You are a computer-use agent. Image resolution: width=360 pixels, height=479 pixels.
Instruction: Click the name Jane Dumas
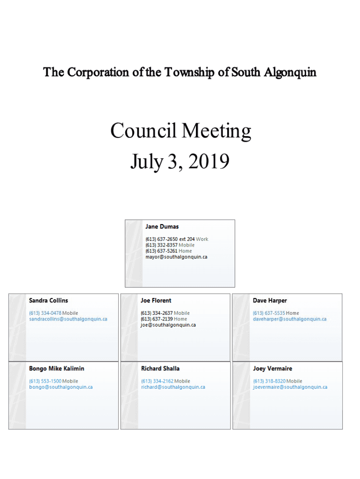pos(162,227)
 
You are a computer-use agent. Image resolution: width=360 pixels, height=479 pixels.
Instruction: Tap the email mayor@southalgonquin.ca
pos(176,257)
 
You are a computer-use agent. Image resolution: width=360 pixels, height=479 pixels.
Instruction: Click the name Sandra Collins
pos(48,300)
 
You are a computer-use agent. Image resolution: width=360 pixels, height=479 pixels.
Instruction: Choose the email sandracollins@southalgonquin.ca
pos(68,319)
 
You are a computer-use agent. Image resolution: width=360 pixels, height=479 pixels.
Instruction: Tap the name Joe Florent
pos(156,300)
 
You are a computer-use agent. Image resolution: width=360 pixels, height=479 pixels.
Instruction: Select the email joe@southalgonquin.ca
pos(168,325)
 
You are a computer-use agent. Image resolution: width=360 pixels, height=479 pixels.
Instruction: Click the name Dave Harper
pos(270,300)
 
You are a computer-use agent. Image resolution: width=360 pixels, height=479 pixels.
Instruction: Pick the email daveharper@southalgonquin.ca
pos(289,319)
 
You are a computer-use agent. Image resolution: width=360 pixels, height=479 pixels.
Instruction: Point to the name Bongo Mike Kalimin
pos(57,369)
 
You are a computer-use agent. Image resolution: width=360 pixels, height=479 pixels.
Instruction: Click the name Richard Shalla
pos(160,369)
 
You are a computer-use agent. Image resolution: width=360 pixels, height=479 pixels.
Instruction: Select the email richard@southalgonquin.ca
pos(173,387)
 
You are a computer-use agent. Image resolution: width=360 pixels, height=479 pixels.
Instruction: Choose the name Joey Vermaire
pos(273,369)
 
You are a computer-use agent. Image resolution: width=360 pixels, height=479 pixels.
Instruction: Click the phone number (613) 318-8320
pos(269,381)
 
